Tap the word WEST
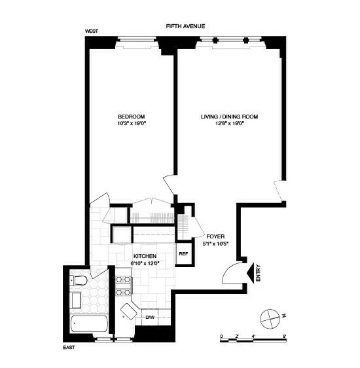92,31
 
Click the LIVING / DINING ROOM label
230,117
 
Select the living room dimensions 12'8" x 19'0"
230,123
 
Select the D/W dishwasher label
149,318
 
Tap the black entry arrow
250,270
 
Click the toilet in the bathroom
79,281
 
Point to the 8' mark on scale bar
285,335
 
